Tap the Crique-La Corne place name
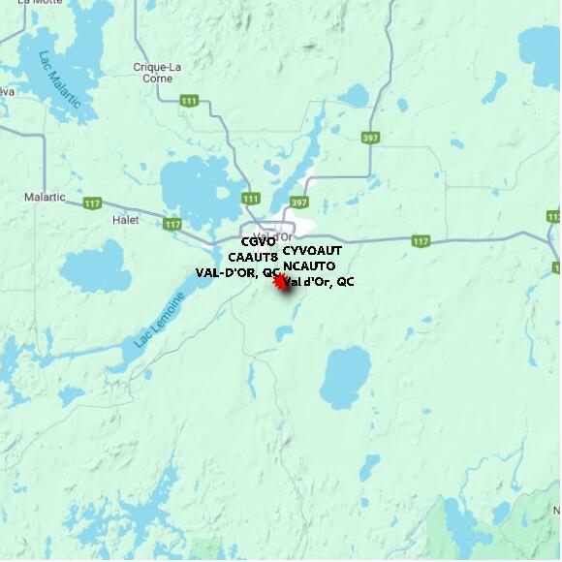point(157,73)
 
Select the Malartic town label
point(45,197)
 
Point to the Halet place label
point(126,220)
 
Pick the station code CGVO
point(258,241)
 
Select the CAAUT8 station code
point(253,257)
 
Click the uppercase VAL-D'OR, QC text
point(237,272)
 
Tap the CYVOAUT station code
point(312,250)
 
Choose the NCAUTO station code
point(309,265)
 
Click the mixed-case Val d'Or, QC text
point(320,281)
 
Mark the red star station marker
point(282,282)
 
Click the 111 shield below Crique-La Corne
point(189,101)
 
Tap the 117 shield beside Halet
point(172,224)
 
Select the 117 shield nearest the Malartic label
point(93,203)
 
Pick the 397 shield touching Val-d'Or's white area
point(299,203)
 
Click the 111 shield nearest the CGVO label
point(251,198)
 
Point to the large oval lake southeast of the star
point(345,377)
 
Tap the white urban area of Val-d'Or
point(300,224)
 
